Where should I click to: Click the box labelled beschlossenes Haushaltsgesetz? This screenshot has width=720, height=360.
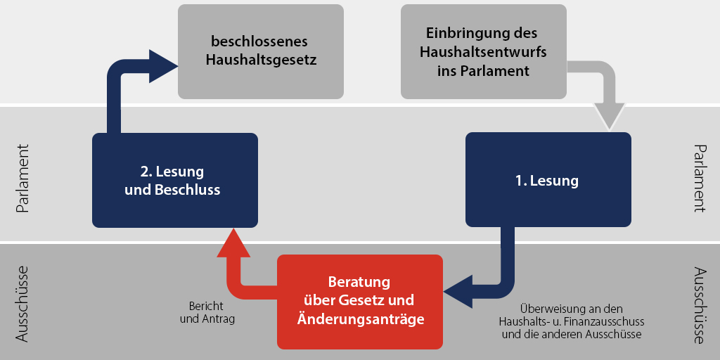point(261,51)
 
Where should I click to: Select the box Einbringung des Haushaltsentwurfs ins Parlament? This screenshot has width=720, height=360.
point(484,51)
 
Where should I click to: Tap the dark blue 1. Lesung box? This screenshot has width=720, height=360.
point(548,179)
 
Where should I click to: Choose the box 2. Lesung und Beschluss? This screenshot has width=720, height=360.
point(175,180)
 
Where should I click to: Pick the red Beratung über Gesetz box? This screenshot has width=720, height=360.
point(360,302)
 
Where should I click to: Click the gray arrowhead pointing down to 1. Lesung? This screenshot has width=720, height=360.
point(610,116)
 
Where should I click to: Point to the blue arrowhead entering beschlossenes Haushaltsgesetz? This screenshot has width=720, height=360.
point(163,66)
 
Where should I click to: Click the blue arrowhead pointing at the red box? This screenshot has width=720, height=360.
point(458,292)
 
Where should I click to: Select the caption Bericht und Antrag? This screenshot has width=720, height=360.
point(207,312)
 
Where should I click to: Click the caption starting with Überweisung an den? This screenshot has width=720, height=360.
point(572,321)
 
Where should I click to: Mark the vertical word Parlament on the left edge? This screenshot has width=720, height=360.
point(22,179)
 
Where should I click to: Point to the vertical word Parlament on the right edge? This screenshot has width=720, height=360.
point(698,178)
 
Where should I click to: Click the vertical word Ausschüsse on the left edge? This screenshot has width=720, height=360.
point(22,304)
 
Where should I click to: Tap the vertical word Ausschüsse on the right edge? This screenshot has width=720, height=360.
point(698,305)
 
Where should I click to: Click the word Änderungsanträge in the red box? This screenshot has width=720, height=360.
point(361,319)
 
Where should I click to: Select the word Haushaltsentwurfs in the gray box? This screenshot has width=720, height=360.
point(484,52)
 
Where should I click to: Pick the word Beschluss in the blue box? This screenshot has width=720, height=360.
point(187,190)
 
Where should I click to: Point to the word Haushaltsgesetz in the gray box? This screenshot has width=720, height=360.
point(262,60)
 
